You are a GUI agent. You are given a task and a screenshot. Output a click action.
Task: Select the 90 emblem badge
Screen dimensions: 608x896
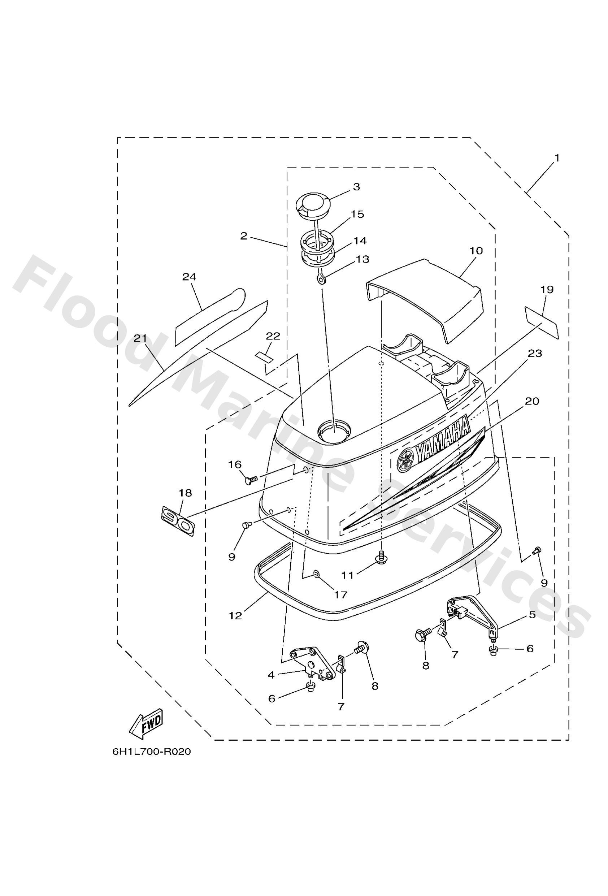coord(178,521)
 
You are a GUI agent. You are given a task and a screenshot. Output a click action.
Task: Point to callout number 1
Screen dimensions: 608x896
coord(556,158)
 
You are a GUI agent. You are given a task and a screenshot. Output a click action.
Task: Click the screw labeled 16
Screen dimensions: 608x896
coord(251,480)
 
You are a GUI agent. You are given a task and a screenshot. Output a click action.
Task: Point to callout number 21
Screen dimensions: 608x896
coord(140,338)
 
